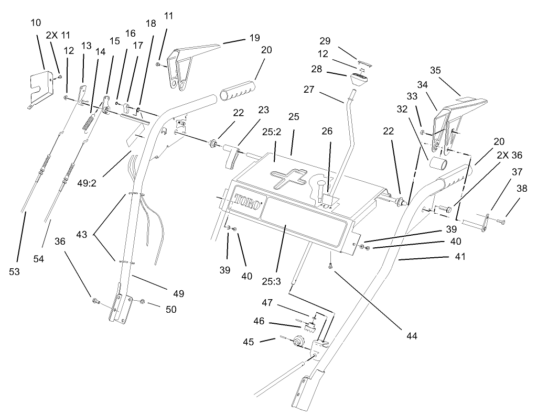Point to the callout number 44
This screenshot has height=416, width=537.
(x=410, y=336)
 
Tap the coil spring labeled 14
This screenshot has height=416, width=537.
(x=89, y=124)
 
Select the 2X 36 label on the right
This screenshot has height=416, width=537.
(x=509, y=156)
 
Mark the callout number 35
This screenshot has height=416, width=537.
(x=450, y=70)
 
